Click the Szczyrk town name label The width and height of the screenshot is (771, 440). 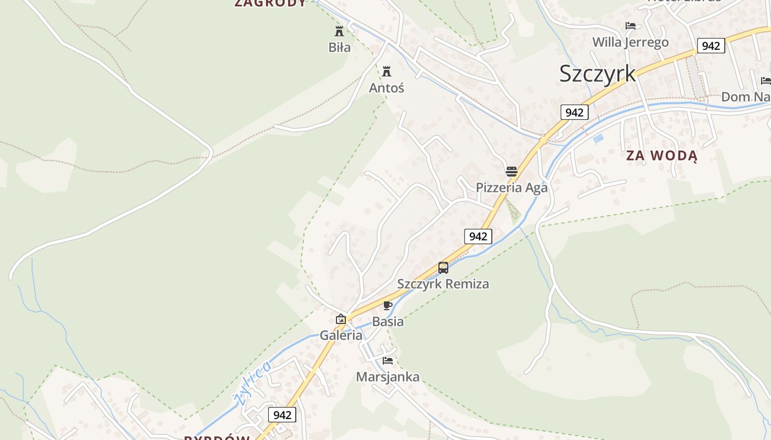click(598, 74)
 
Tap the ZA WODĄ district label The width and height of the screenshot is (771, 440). click(661, 156)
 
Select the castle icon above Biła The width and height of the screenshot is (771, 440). click(339, 31)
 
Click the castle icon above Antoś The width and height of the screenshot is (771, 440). click(387, 71)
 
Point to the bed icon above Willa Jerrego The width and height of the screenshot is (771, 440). click(631, 26)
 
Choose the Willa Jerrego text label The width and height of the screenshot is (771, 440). click(630, 42)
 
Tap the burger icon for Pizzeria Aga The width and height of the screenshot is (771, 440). click(512, 171)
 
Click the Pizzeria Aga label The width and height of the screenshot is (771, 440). click(512, 188)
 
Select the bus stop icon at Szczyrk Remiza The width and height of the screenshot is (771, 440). click(443, 268)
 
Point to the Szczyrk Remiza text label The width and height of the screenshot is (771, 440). click(443, 284)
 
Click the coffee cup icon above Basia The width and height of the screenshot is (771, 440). click(388, 305)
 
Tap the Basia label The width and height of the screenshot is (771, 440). click(388, 321)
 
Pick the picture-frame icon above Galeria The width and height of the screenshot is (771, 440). click(341, 319)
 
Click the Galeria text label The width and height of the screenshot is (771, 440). click(341, 335)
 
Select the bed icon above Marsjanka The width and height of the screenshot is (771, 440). click(388, 361)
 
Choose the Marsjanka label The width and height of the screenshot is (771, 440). click(388, 377)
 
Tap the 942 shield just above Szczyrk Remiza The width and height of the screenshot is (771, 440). click(477, 237)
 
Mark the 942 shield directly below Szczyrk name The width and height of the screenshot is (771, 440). click(574, 112)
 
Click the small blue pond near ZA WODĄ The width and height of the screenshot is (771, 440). click(598, 139)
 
